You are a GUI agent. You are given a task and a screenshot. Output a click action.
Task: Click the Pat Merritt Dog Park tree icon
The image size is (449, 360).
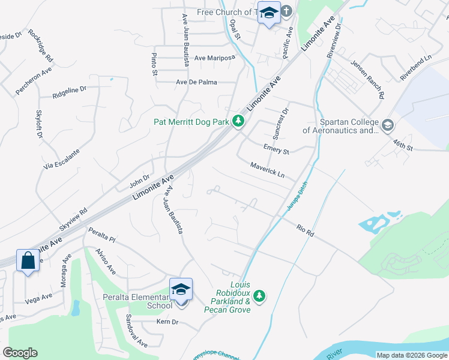238,122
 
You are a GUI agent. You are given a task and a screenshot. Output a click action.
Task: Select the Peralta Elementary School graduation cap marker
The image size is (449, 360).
181,290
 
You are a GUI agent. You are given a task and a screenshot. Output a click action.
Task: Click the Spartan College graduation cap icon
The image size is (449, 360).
387,125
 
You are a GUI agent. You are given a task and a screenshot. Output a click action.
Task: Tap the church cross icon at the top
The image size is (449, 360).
286,11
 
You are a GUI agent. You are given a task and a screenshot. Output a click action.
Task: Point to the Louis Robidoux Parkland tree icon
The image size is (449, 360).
259,295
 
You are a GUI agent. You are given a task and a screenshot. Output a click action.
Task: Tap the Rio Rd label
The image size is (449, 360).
305,230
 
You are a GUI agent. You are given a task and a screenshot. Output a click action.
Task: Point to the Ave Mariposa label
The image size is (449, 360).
215,59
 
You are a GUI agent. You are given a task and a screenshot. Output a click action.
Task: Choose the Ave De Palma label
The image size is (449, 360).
197,82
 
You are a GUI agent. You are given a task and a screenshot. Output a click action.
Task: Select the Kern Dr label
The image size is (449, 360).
167,322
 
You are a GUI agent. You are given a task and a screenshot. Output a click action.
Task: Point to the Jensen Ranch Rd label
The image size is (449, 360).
367,78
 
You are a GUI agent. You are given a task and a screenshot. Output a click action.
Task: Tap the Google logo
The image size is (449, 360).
20,353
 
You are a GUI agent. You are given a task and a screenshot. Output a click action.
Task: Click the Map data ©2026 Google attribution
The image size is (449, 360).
411,355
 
